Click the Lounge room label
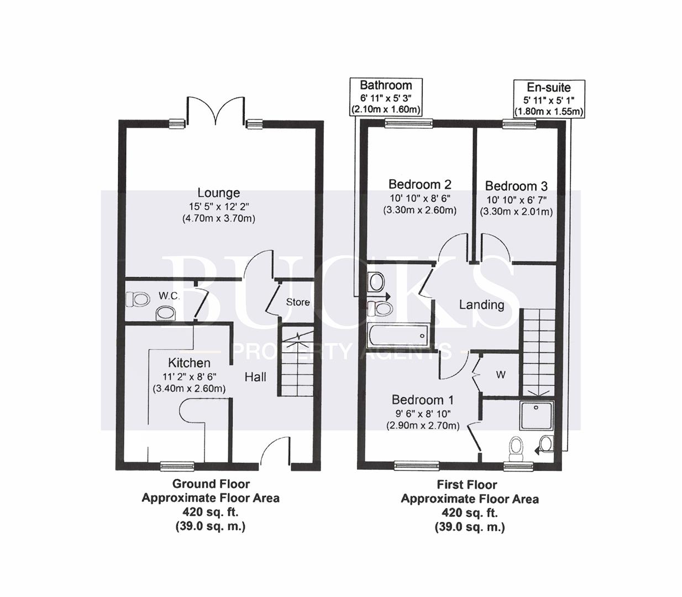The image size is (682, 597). coord(219,193)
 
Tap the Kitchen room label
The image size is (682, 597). coord(189,363)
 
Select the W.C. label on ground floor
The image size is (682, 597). coord(169,296)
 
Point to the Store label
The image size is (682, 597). coord(298,302)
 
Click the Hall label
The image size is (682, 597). coord(255,377)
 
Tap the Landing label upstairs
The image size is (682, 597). coord(481,305)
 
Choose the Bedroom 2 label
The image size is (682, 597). coord(420,185)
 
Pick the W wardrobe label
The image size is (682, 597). coord(500,375)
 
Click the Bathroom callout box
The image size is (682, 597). coord(386,97)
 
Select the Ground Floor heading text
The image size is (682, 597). coord(211,484)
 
